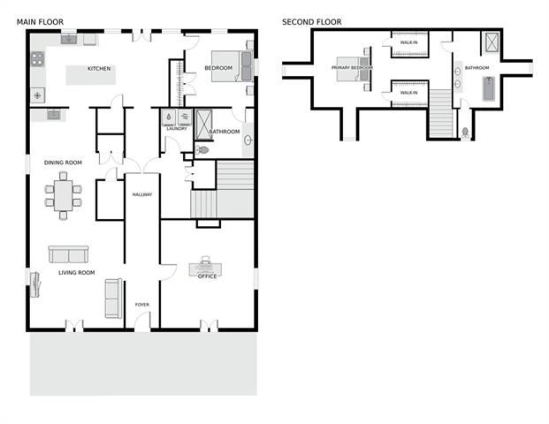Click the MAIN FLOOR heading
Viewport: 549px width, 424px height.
pos(40,22)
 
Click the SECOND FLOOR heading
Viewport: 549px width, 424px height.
pos(311,22)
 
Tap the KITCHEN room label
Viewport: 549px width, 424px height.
pos(99,69)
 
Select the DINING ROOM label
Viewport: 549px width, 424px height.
pos(63,163)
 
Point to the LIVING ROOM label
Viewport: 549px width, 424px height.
pos(77,273)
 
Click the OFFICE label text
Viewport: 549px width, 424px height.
pos(207,276)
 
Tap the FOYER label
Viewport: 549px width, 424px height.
pos(142,305)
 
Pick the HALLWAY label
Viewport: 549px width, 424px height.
pos(142,194)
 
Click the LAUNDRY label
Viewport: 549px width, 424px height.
pos(177,129)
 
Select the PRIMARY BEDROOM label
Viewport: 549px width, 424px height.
pos(352,67)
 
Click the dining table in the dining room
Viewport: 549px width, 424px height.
pos(64,195)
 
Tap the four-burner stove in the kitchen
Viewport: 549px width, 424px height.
pos(37,59)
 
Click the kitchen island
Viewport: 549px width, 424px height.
pos(91,75)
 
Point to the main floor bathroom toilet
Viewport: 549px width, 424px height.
pos(202,150)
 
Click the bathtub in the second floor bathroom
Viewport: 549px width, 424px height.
pos(488,89)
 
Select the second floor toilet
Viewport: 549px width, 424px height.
pos(465,133)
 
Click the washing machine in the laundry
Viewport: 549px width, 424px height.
pos(169,117)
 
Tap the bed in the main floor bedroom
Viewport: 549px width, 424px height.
pos(232,66)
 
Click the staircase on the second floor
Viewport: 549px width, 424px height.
pos(441,113)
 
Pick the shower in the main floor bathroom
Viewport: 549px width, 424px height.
pos(203,125)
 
